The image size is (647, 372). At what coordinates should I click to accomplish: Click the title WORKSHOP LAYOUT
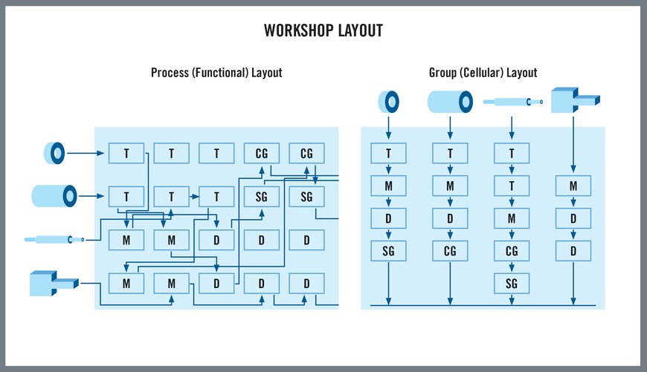click(x=323, y=31)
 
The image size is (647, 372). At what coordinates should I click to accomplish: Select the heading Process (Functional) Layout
click(x=216, y=73)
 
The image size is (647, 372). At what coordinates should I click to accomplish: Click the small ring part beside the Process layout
click(x=55, y=154)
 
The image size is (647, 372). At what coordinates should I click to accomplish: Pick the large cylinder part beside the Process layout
click(x=55, y=196)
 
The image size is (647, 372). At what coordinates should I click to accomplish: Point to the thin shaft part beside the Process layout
click(x=54, y=239)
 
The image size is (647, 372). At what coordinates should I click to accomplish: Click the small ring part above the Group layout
click(x=389, y=101)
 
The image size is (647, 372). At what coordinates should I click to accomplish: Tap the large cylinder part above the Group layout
click(x=450, y=101)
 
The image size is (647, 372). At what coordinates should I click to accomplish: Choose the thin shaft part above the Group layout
click(x=512, y=102)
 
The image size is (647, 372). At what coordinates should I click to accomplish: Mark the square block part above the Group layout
click(x=573, y=99)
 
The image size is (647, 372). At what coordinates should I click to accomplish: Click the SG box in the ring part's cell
click(x=388, y=252)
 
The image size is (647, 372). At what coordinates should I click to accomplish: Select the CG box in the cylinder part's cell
click(x=450, y=252)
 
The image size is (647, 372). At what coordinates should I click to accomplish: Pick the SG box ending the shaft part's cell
click(x=512, y=283)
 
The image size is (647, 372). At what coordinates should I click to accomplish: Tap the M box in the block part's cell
click(x=573, y=186)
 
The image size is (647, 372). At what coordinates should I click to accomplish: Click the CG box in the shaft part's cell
click(x=512, y=252)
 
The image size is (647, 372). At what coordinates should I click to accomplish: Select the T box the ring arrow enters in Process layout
click(x=126, y=154)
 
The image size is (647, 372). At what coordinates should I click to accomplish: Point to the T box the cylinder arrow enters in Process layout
click(x=126, y=197)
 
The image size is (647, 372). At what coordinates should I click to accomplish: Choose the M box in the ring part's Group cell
click(x=388, y=186)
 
